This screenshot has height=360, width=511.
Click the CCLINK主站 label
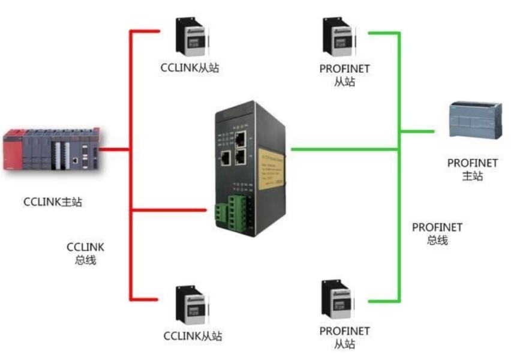[x=53, y=202]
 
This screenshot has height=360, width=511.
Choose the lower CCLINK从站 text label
[x=193, y=336]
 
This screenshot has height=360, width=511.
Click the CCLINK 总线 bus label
[x=85, y=253]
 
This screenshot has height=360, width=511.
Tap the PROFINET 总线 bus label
[x=437, y=233]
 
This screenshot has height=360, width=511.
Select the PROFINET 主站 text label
[x=473, y=169]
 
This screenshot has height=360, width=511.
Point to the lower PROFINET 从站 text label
[x=344, y=338]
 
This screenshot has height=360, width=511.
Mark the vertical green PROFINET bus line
[x=398, y=180]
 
